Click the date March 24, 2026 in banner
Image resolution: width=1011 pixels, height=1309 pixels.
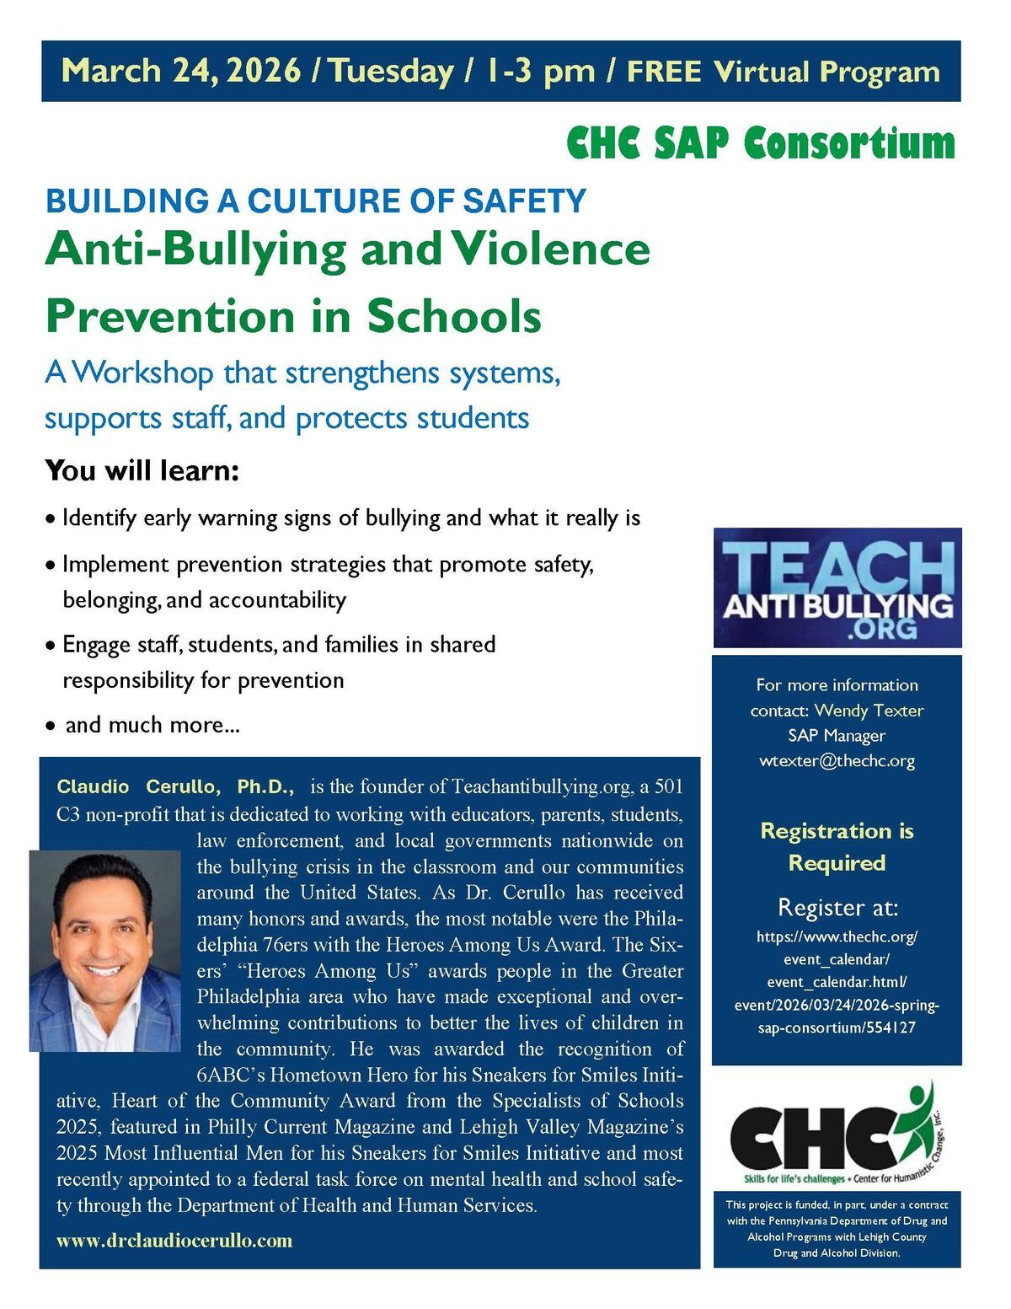[181, 71]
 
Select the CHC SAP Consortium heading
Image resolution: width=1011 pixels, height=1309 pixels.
[761, 143]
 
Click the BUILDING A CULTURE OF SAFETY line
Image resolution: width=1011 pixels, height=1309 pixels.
[315, 201]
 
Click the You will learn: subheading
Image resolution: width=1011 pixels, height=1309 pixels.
[142, 470]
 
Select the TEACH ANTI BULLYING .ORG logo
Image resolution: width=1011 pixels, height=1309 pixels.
[837, 587]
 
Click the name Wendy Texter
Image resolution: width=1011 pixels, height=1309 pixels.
[869, 711]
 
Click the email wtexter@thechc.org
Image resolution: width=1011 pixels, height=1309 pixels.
[837, 761]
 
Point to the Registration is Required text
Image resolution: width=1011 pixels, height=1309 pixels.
[837, 847]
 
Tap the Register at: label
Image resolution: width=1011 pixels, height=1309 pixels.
[837, 908]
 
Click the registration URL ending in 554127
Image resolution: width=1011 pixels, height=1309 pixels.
[837, 982]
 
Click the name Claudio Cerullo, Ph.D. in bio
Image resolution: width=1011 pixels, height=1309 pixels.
[175, 787]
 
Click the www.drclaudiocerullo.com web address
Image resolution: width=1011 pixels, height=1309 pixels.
[174, 1241]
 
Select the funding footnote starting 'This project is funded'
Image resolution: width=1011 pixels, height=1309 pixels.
[837, 1229]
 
